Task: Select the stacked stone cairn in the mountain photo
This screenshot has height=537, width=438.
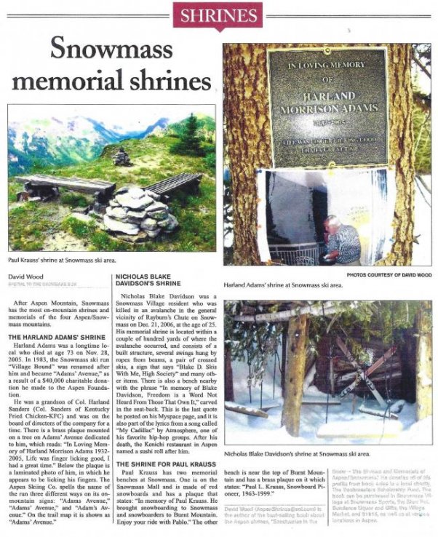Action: [135, 211]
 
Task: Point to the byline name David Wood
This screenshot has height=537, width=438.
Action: [25, 277]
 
